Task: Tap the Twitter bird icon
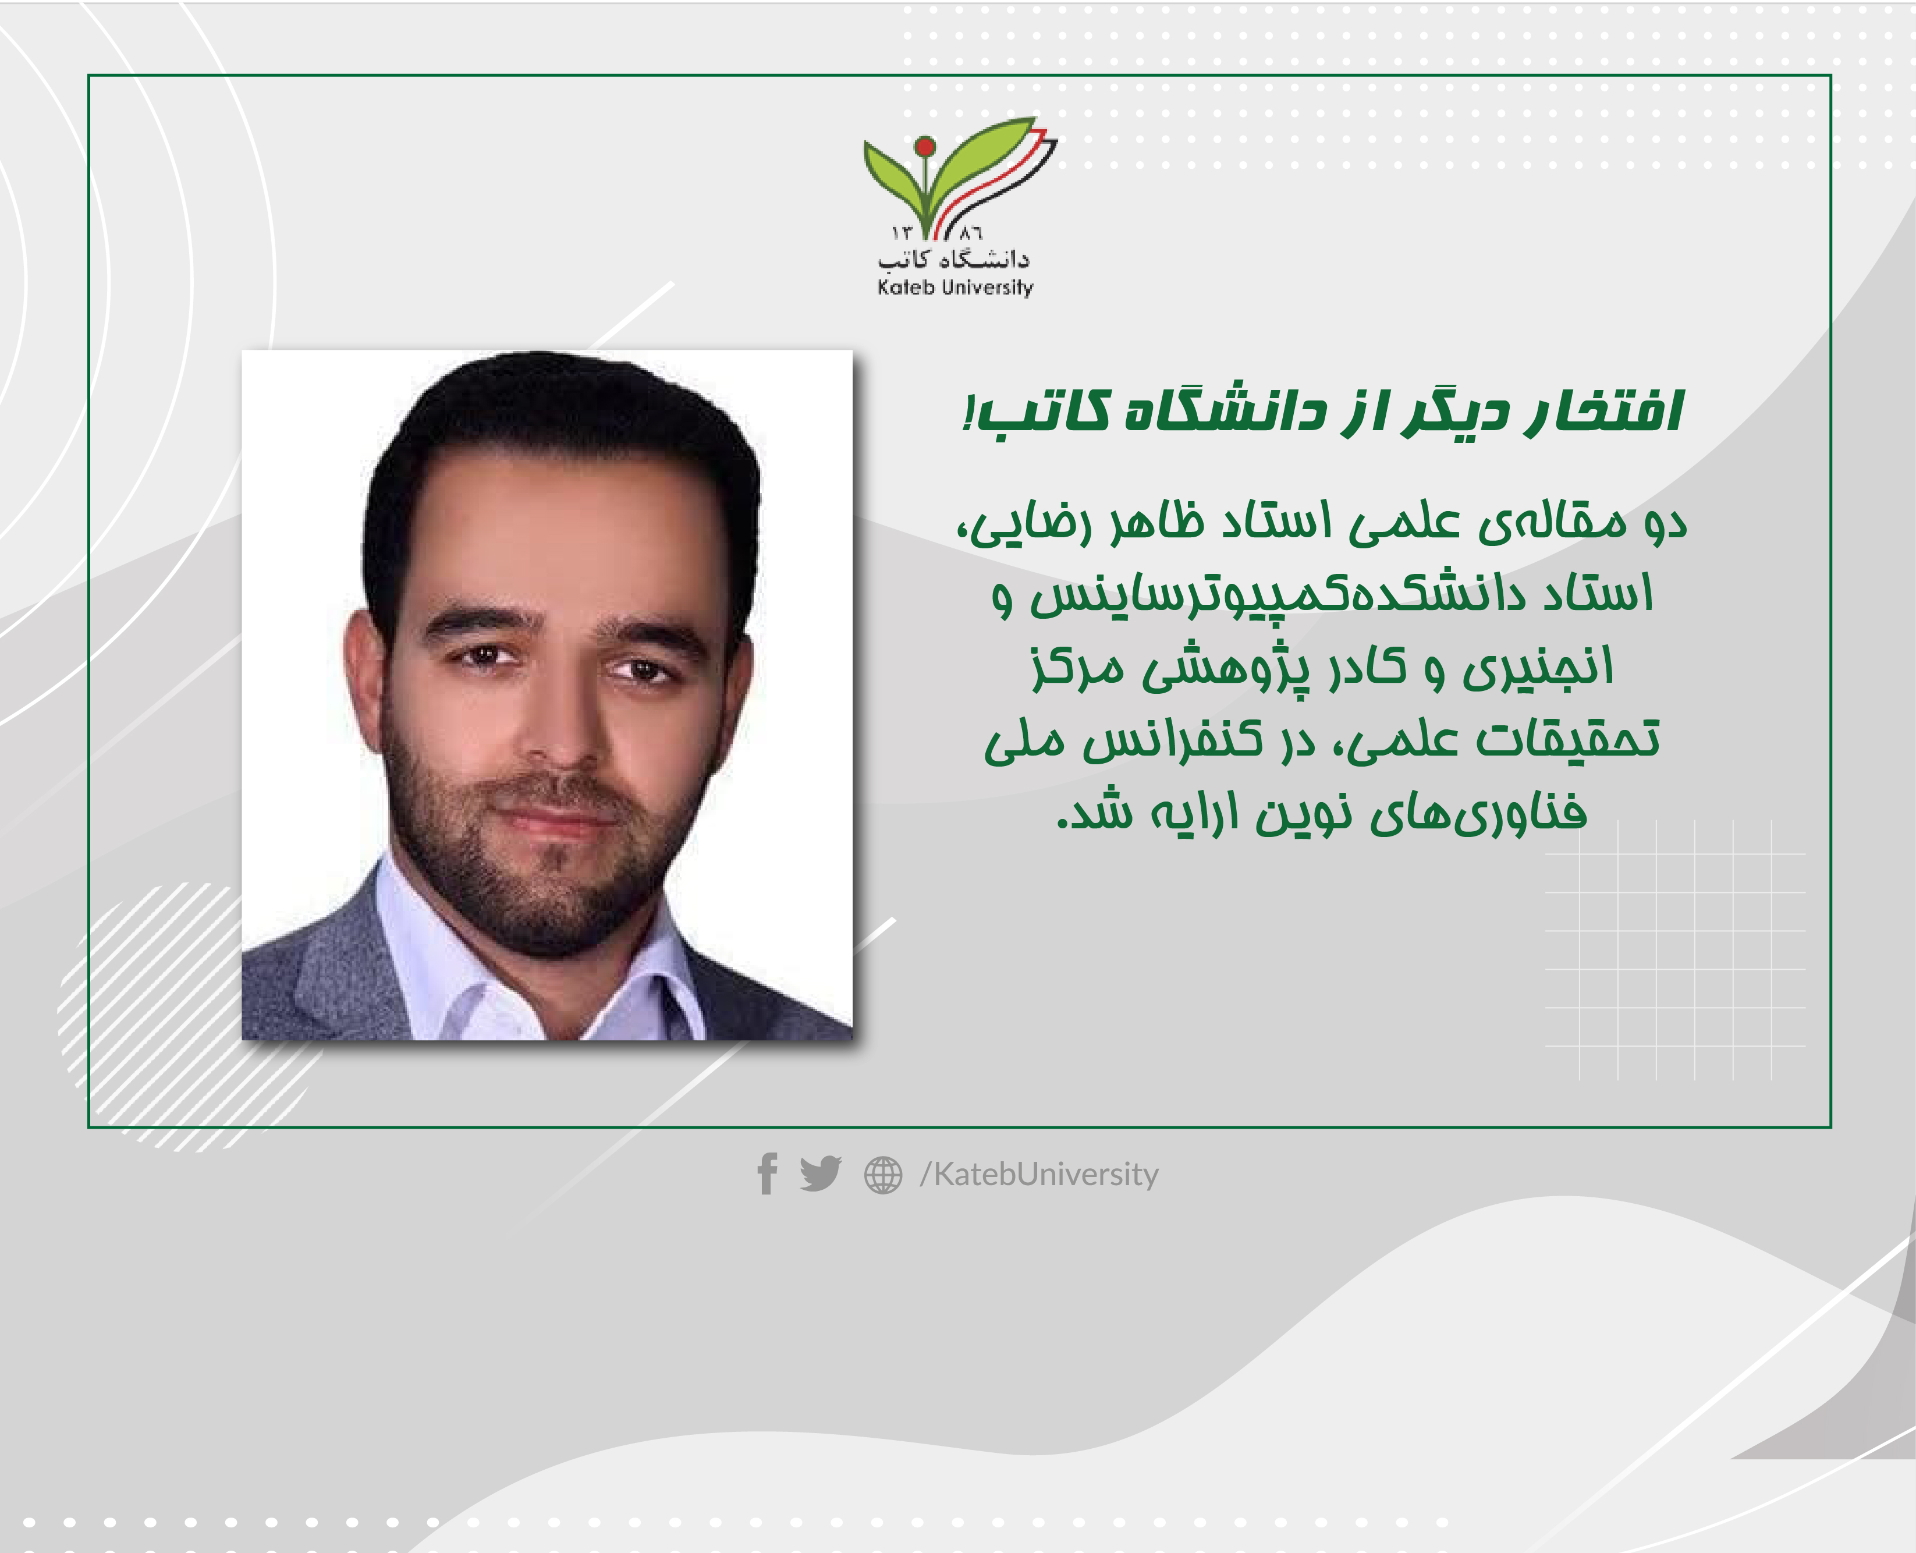820,1173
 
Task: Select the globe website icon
883,1175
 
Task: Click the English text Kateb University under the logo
955,287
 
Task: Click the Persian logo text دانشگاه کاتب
953,260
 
